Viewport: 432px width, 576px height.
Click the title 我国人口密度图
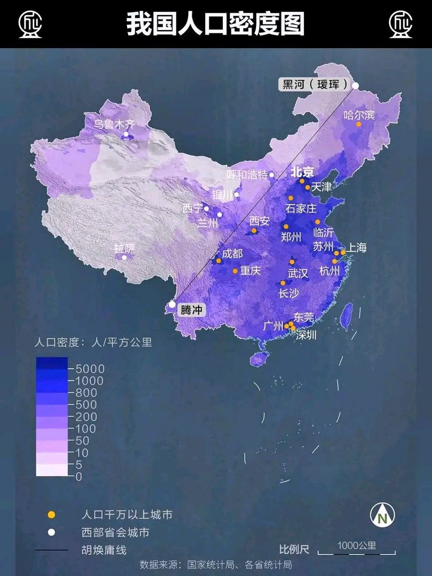click(x=216, y=24)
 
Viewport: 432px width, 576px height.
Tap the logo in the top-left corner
click(x=30, y=24)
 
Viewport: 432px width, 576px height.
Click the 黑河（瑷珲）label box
click(x=315, y=84)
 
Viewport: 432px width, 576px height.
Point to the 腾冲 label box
click(x=191, y=310)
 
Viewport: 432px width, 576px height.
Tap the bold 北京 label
click(x=302, y=172)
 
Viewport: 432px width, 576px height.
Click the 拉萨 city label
click(x=125, y=248)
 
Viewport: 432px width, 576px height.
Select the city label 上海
click(x=357, y=247)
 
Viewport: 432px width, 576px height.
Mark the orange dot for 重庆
click(x=235, y=271)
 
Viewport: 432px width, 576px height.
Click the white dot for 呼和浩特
click(x=271, y=175)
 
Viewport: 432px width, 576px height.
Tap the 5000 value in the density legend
click(x=90, y=369)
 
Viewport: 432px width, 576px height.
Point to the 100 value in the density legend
click(x=85, y=429)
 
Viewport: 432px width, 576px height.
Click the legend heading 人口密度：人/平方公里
click(x=93, y=342)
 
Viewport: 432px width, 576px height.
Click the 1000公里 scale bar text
click(x=356, y=545)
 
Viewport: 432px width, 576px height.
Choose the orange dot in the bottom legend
click(x=52, y=514)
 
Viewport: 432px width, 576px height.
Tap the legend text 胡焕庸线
click(x=104, y=550)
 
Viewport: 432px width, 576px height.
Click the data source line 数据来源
click(x=216, y=564)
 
